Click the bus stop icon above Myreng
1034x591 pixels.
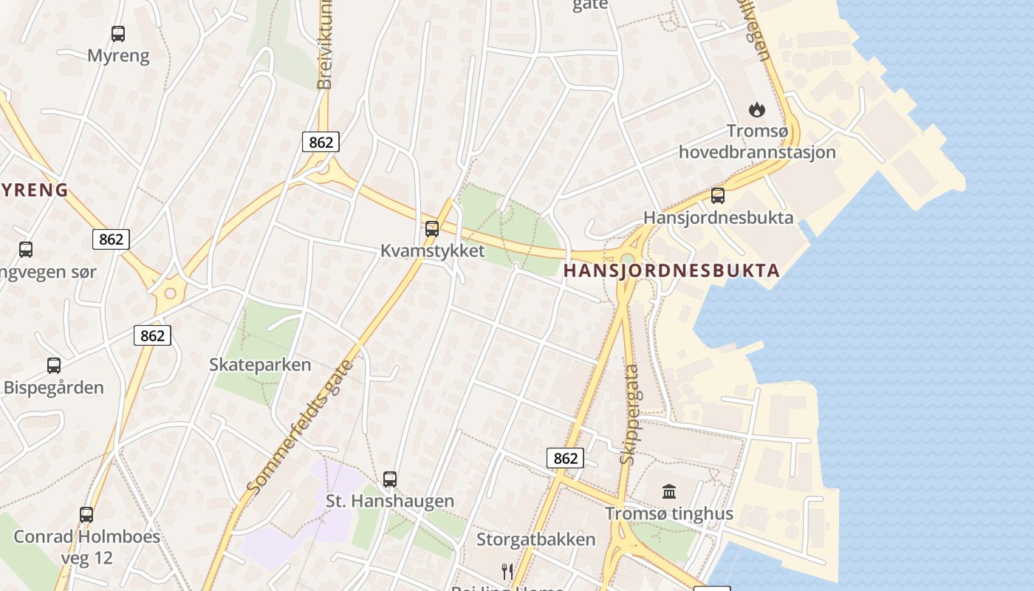click(118, 33)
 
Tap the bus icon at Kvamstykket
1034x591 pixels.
click(432, 228)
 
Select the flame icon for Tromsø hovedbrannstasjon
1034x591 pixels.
click(756, 110)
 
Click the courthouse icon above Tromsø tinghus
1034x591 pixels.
click(669, 491)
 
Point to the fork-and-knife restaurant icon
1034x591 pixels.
click(507, 571)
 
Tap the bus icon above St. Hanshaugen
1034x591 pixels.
click(390, 479)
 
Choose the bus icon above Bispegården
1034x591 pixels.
click(54, 365)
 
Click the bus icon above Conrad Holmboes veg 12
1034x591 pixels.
click(86, 514)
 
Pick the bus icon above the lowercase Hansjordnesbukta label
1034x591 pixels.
click(717, 196)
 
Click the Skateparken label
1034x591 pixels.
click(260, 365)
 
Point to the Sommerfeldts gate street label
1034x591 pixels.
click(300, 427)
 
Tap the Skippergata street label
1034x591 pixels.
click(630, 414)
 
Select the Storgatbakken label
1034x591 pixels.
click(535, 539)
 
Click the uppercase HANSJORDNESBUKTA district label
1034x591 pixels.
click(671, 270)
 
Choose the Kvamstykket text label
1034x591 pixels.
click(433, 250)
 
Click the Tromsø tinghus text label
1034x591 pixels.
click(669, 514)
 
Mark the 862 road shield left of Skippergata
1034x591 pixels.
click(566, 458)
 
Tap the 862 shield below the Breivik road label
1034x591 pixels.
click(321, 142)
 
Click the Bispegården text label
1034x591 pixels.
click(54, 388)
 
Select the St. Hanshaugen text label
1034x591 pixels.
click(390, 502)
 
